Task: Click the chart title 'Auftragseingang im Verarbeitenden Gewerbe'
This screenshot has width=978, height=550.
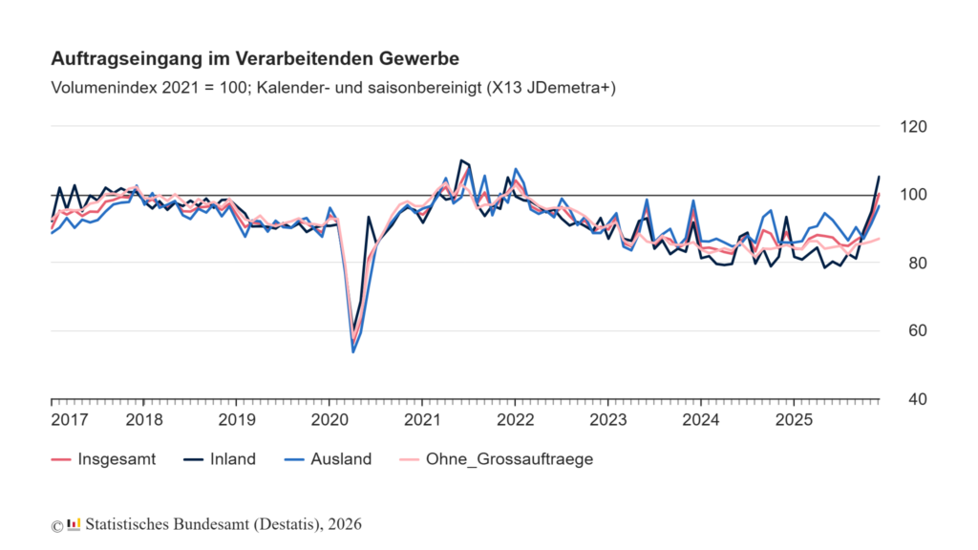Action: click(255, 59)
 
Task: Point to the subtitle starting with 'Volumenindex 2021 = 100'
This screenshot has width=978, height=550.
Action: click(333, 88)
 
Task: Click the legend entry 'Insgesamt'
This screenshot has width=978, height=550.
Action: click(117, 459)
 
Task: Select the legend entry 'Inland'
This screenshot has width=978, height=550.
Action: click(233, 459)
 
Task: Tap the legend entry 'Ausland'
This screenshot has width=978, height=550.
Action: click(341, 459)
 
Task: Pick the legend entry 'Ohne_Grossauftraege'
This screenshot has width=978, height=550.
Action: click(521, 459)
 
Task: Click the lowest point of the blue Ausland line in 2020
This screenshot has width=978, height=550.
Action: click(353, 351)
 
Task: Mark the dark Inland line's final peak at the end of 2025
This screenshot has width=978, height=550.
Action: click(879, 177)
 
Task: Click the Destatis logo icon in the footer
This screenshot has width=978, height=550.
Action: click(74, 524)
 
